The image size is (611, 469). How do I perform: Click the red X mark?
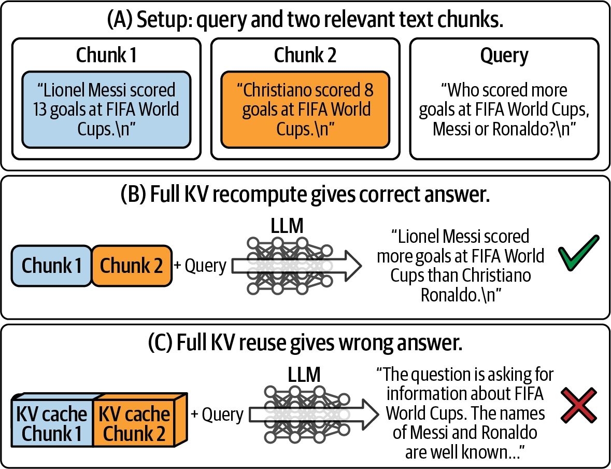click(579, 405)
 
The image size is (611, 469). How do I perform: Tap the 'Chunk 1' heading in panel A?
click(106, 54)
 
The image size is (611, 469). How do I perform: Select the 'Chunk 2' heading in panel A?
click(305, 54)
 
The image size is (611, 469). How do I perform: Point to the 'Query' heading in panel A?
click(504, 56)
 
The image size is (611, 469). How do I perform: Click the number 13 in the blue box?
click(40, 109)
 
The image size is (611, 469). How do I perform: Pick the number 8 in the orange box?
click(368, 90)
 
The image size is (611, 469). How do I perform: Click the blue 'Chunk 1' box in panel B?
click(51, 266)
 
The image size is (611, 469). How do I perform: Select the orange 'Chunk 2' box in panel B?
click(132, 266)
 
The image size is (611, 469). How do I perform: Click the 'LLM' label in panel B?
click(287, 226)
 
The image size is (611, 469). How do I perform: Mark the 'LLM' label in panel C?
click(304, 375)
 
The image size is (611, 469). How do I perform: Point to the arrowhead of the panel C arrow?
click(370, 414)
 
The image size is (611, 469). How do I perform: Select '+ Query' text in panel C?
click(217, 415)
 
